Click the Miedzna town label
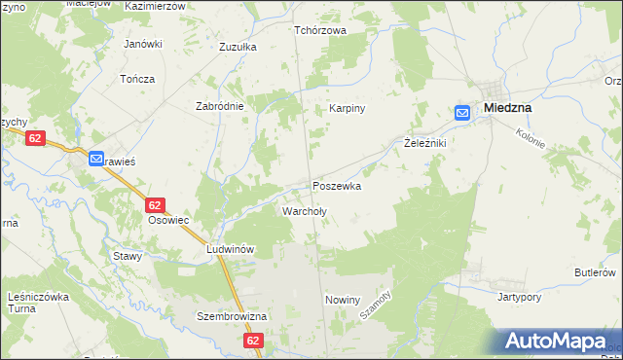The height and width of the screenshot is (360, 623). click(x=506, y=107)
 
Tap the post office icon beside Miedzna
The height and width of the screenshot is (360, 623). click(x=461, y=114)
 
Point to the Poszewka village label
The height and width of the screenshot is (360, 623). click(x=337, y=186)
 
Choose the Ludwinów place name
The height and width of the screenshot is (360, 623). click(x=230, y=249)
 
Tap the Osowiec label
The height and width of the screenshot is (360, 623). click(x=167, y=221)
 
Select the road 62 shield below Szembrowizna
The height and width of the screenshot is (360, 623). click(x=254, y=341)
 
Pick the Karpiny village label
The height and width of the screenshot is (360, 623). click(x=346, y=108)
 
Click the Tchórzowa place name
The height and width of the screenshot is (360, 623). click(x=320, y=29)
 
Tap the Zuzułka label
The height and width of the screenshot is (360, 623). click(x=238, y=46)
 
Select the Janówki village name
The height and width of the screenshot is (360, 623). click(x=142, y=45)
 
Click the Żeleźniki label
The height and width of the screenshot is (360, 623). click(x=424, y=143)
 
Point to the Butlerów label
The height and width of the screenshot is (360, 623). click(x=595, y=271)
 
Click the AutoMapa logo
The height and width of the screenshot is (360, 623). click(x=560, y=342)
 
